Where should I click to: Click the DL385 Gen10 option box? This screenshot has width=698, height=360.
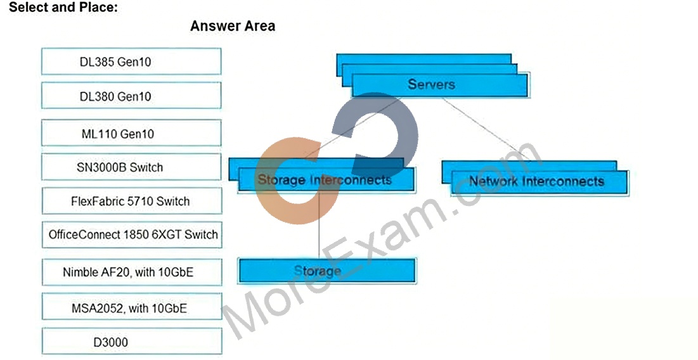[x=131, y=61]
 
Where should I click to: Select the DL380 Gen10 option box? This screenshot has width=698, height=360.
[x=131, y=96]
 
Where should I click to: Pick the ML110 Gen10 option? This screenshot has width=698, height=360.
[x=131, y=133]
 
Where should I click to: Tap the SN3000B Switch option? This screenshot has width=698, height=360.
[x=131, y=167]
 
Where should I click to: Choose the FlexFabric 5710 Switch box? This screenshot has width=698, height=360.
[x=131, y=201]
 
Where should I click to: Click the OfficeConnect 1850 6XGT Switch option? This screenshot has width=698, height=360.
[x=132, y=235]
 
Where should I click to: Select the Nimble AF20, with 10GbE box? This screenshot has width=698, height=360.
[x=132, y=273]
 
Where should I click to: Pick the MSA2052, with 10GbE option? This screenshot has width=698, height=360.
[x=132, y=307]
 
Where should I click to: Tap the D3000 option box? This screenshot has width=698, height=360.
[x=132, y=342]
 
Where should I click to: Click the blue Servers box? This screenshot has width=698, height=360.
[x=439, y=85]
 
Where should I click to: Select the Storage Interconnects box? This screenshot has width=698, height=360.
[x=326, y=180]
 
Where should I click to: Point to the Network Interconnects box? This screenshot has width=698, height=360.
[x=539, y=182]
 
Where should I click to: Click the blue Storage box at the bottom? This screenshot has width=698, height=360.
[x=327, y=271]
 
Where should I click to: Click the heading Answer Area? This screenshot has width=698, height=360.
[x=233, y=26]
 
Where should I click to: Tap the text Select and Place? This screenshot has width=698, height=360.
[x=63, y=7]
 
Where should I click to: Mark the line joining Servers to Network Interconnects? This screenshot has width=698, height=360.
[x=486, y=129]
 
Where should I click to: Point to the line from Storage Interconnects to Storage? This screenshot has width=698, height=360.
[x=319, y=225]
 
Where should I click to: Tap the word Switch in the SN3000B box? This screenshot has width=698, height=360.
[x=146, y=167]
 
